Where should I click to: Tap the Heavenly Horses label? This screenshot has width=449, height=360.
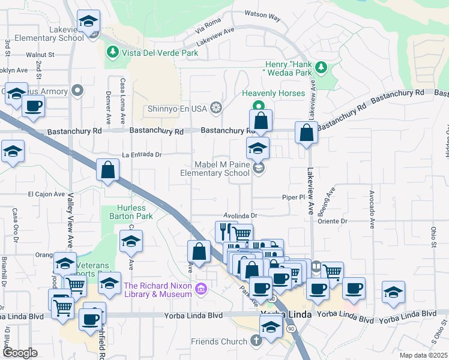click(273, 94)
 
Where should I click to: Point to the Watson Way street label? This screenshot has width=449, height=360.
click(262, 15)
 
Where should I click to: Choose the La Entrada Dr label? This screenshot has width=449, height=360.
click(142, 155)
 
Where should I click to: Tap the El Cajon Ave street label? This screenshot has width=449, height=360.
click(46, 194)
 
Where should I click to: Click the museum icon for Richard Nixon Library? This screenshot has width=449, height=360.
click(201, 290)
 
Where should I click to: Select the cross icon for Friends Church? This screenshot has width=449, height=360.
click(256, 341)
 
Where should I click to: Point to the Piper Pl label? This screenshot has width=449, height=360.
click(295, 197)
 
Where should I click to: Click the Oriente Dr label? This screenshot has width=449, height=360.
click(336, 221)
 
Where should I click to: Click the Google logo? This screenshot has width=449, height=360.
click(20, 352)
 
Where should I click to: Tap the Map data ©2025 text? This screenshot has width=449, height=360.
click(423, 355)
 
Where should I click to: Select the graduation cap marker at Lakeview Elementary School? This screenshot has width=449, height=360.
click(89, 23)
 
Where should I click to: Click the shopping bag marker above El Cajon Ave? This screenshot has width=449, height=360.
click(107, 170)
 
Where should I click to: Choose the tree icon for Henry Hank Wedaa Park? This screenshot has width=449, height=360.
click(321, 67)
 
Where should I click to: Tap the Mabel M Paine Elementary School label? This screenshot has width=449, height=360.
click(215, 169)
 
